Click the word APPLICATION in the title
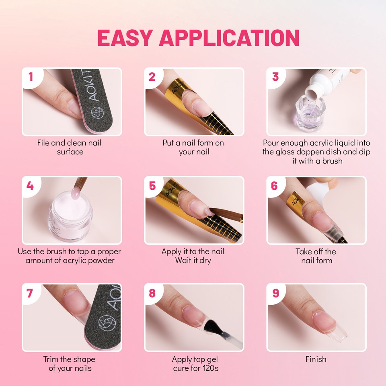click(230, 37)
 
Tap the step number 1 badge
click(31, 76)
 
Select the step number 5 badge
click(152, 185)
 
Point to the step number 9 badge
click(275, 293)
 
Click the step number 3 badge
click(275, 76)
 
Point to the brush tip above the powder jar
click(75, 188)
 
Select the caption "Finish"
click(316, 359)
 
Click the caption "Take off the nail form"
click(316, 256)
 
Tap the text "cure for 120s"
click(195, 368)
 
